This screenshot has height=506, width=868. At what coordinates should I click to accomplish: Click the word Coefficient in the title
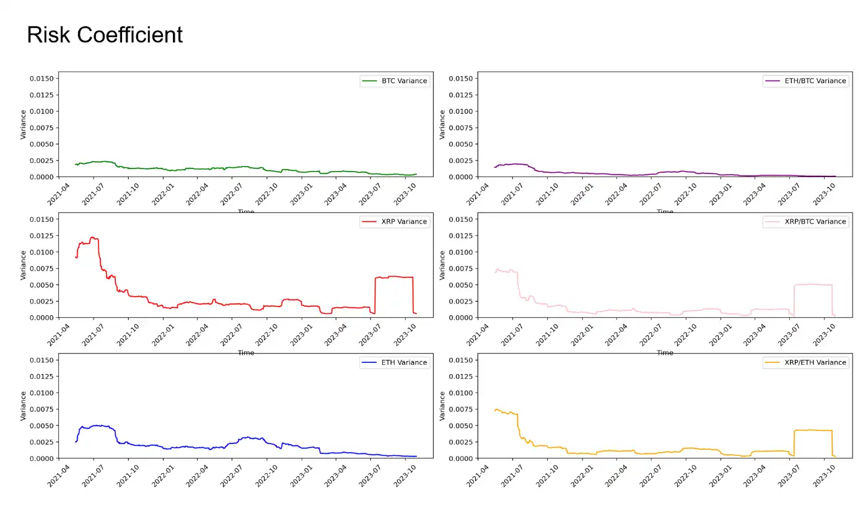point(129,35)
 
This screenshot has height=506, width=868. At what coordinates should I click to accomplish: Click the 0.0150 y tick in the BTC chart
point(42,78)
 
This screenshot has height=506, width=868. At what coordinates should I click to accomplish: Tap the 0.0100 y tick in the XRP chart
point(42,252)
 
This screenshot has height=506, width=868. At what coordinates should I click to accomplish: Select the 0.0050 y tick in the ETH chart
point(42,425)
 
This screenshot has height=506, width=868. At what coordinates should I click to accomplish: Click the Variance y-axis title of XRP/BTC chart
point(442,265)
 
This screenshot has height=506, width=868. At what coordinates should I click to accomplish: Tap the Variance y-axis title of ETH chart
point(23,406)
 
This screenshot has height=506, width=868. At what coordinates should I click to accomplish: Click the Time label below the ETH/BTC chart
point(665,212)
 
